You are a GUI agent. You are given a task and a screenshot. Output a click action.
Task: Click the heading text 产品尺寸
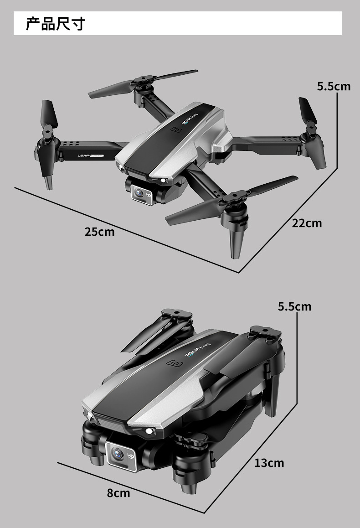(x=55, y=23)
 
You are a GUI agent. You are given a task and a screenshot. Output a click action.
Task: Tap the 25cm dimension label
(x=99, y=232)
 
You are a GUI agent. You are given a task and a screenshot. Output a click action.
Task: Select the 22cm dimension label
(x=307, y=223)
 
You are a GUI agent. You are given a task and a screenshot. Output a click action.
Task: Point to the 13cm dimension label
(x=269, y=463)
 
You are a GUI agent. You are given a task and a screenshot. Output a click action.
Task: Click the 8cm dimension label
(x=118, y=493)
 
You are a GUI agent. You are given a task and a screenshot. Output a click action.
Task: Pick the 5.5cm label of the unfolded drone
(x=334, y=86)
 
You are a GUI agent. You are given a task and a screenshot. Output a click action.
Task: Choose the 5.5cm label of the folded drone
(x=294, y=306)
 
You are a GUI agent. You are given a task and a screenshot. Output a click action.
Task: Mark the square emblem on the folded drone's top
(x=173, y=363)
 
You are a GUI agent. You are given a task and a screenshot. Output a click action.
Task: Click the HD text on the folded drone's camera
(x=130, y=456)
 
